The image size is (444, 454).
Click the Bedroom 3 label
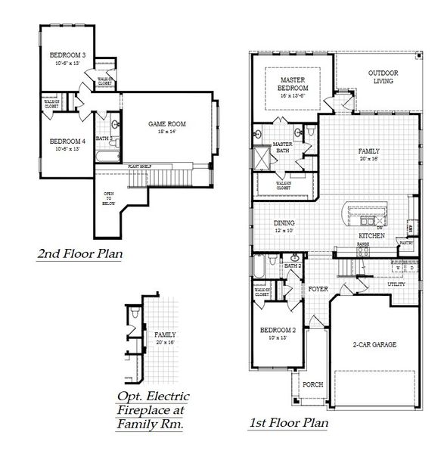click(x=68, y=55)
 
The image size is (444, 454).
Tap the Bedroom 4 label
click(x=68, y=141)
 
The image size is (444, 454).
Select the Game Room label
click(x=166, y=123)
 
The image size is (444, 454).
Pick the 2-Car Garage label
click(x=374, y=344)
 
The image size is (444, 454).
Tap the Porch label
click(x=312, y=384)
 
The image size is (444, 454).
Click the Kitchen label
click(x=373, y=236)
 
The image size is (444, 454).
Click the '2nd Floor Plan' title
click(x=80, y=255)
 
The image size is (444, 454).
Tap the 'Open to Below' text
click(x=109, y=198)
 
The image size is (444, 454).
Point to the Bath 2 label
click(x=293, y=266)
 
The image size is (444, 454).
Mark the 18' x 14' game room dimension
click(x=166, y=132)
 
